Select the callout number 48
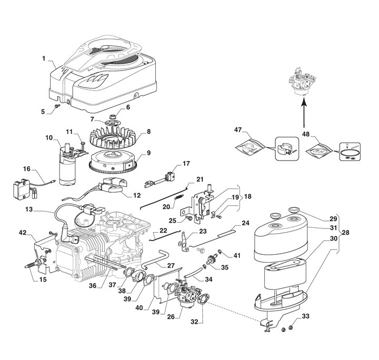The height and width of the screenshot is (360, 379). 305,134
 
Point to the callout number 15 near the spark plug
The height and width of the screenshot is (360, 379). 43,279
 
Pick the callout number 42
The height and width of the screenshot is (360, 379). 23,232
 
